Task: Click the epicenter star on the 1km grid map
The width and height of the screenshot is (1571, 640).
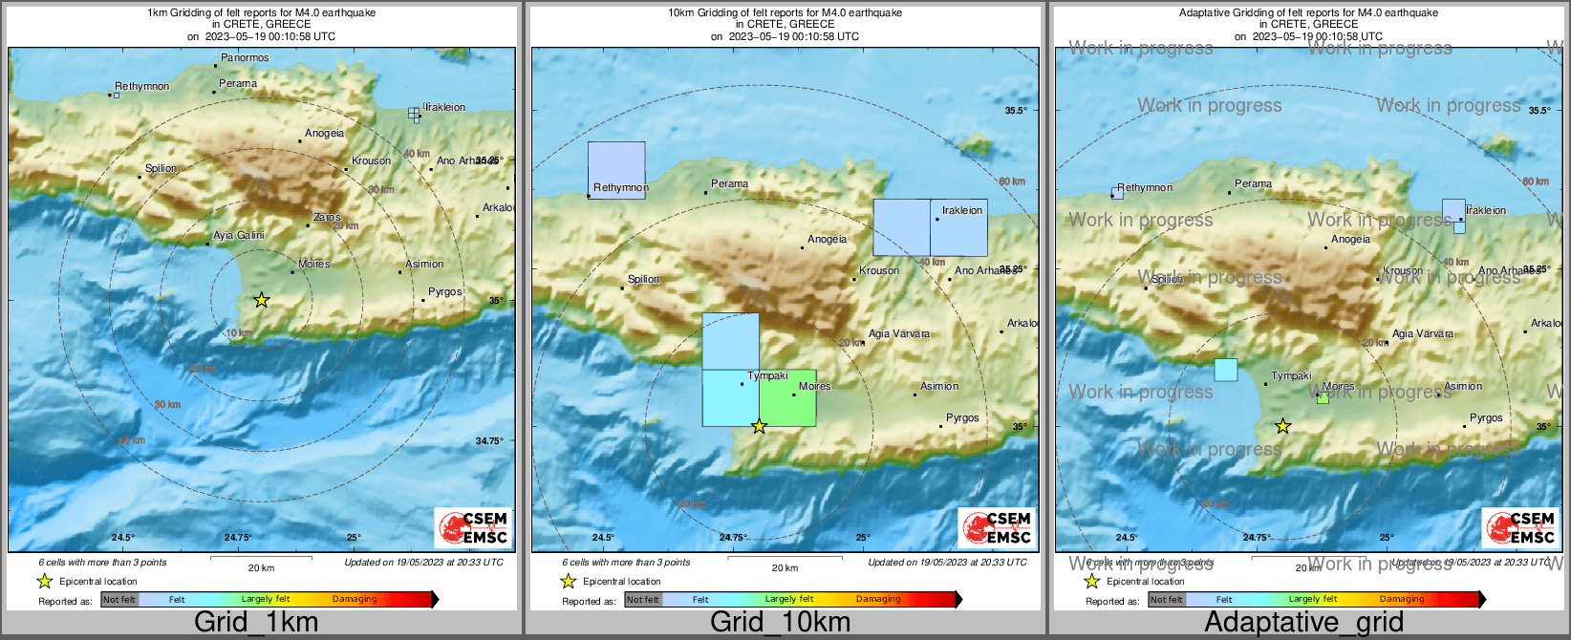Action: (262, 300)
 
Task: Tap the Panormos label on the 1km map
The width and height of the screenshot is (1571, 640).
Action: (245, 58)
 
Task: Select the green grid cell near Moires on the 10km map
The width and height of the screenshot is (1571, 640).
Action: (788, 398)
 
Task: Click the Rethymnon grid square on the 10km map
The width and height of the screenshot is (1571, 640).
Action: (616, 169)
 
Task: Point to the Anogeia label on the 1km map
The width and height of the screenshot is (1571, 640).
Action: (324, 134)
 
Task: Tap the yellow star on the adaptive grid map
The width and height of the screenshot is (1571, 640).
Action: (1283, 426)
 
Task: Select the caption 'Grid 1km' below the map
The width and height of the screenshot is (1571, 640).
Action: (256, 622)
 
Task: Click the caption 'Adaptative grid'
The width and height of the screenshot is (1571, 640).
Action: (1303, 622)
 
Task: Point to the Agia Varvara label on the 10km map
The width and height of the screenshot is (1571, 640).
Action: (898, 334)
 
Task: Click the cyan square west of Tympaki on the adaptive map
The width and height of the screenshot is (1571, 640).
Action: (1226, 370)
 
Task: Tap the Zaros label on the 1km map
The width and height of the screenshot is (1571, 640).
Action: (327, 218)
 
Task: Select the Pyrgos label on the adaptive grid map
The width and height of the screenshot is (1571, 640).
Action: (1486, 418)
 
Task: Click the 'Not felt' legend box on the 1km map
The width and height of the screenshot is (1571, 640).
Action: (119, 600)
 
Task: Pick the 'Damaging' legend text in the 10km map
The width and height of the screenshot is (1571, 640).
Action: (878, 600)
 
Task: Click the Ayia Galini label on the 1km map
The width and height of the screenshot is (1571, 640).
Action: (239, 236)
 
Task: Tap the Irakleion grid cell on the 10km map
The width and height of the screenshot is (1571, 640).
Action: (958, 227)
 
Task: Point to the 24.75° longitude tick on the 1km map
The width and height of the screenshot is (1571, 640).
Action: (238, 538)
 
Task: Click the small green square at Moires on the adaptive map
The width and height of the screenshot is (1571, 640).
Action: (1323, 398)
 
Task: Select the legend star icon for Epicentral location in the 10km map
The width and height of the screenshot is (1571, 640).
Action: (568, 581)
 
